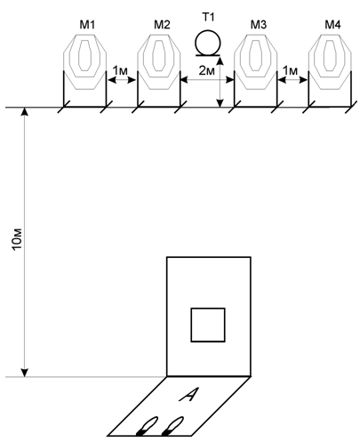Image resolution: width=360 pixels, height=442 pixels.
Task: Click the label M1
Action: (x=87, y=25)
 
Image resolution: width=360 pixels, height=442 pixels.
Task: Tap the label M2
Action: (x=162, y=25)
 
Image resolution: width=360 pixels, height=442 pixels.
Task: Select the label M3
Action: (x=259, y=25)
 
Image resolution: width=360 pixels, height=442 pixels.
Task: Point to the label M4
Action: (x=332, y=25)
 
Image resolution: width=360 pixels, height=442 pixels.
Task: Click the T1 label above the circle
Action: (x=208, y=17)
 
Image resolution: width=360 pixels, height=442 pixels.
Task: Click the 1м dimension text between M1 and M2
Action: (x=120, y=70)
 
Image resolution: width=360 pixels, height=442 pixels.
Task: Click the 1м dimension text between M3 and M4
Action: (x=290, y=70)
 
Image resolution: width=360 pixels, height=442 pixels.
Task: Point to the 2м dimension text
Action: (x=206, y=70)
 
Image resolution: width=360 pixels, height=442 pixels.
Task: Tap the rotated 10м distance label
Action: (x=17, y=239)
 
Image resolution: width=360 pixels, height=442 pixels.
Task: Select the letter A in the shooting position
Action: (x=188, y=395)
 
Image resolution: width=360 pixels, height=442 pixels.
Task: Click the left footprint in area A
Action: (x=148, y=426)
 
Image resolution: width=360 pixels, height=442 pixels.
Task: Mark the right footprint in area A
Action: (x=172, y=426)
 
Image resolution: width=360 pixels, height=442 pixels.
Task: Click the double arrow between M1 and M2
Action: (x=122, y=80)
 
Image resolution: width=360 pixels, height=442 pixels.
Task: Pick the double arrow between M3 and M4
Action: (x=292, y=80)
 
